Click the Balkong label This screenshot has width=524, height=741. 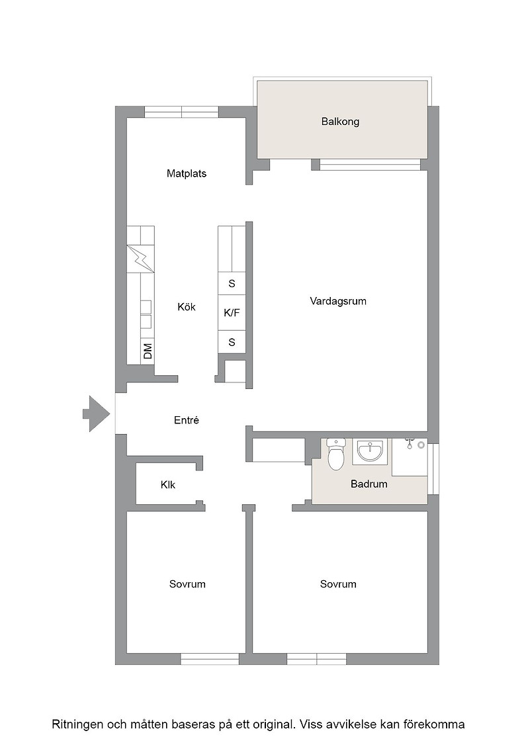340,122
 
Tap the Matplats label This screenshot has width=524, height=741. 187,173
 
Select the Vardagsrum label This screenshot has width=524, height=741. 338,301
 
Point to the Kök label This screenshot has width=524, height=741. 187,307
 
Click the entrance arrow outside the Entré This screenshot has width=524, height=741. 97,414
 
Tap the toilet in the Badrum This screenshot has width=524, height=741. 336,455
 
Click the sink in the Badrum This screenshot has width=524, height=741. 372,451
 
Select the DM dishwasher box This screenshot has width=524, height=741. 148,351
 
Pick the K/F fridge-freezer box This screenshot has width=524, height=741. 232,312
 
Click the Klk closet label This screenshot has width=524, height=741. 168,485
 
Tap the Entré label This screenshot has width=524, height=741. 187,420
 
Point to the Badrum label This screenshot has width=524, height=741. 369,484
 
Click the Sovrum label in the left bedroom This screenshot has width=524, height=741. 188,584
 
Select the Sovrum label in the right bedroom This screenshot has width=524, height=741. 338,584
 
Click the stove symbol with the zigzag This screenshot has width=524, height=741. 141,258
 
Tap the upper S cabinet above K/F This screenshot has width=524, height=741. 232,284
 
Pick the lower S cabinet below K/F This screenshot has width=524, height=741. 232,341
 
